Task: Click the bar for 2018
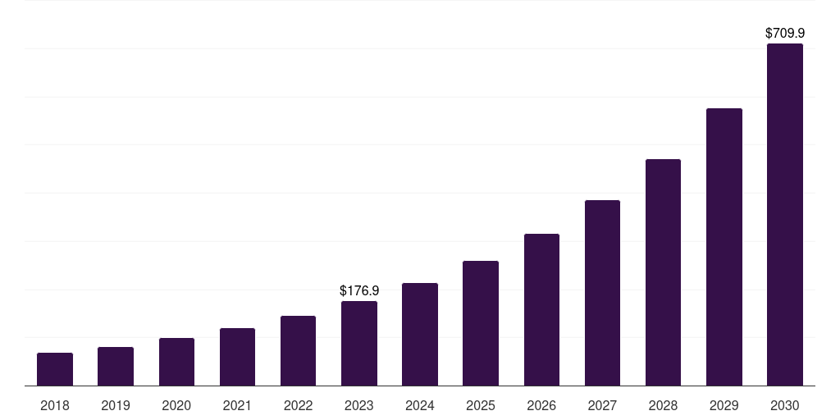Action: pos(55,369)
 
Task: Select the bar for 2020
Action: pos(176,362)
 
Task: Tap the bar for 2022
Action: pos(298,351)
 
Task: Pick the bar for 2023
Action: pos(359,344)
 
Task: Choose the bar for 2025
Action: pos(481,323)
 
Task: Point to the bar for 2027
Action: pos(602,293)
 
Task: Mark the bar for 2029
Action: pos(724,247)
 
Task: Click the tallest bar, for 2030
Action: pos(785,215)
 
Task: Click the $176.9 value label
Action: pos(359,290)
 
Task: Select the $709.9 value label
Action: pos(785,34)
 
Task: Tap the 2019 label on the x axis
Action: pos(116,405)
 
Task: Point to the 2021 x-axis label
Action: pos(237,405)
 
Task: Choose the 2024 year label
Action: pos(420,405)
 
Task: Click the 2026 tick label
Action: pos(541,405)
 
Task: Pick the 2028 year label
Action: pos(663,405)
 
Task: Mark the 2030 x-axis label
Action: pos(785,405)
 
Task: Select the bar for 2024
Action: pos(420,335)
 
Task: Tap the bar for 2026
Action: pos(541,310)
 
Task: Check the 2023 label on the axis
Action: pos(359,405)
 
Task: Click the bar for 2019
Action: pos(116,367)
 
